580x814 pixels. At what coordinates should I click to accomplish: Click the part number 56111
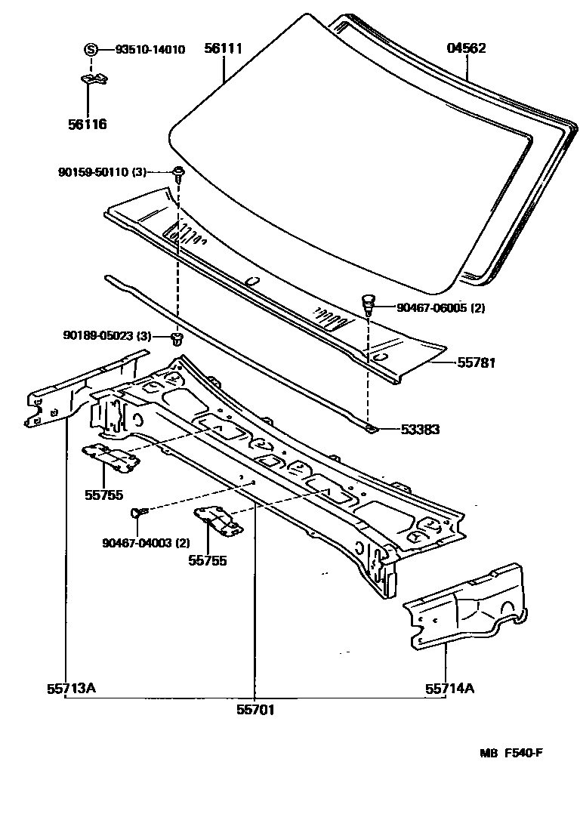click(x=224, y=49)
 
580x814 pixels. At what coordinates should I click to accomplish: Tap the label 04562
click(x=466, y=49)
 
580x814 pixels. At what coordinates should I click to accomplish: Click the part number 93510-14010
click(x=150, y=50)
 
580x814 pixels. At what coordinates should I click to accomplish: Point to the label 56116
click(x=88, y=125)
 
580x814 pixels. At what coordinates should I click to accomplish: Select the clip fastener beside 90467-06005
click(x=368, y=304)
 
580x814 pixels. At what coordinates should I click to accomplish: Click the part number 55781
click(x=476, y=362)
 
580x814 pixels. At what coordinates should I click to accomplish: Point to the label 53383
click(x=421, y=430)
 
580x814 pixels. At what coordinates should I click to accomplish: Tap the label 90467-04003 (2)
click(x=146, y=541)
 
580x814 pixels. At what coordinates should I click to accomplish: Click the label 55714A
click(x=449, y=689)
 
